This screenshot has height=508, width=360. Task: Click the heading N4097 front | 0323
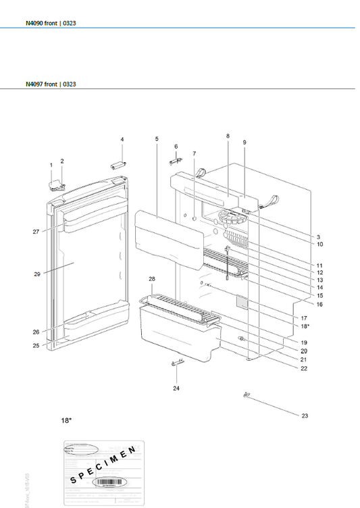51,84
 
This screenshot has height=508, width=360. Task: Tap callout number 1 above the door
51,165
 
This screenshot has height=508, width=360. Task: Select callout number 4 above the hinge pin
122,139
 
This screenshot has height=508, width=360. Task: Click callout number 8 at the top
228,136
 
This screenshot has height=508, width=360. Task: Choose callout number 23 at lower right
305,415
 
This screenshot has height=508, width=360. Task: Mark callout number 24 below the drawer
176,388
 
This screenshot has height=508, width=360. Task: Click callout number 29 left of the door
38,274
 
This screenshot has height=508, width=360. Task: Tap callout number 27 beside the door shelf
35,232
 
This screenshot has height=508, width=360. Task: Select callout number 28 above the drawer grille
152,279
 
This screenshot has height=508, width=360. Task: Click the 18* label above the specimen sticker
66,420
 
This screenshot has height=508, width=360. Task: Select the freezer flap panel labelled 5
169,236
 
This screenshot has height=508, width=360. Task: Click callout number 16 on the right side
301,304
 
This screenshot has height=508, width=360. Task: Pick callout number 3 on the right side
299,236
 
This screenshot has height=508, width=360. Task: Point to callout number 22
304,368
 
